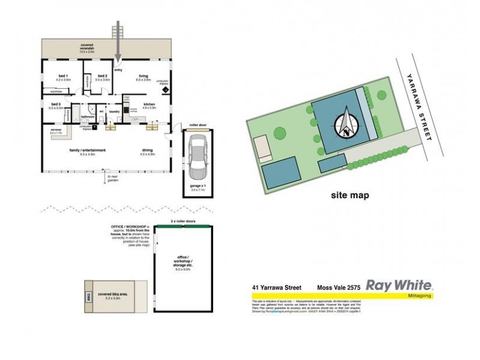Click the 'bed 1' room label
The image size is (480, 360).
coord(63,76)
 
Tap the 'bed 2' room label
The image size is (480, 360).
coord(103,76)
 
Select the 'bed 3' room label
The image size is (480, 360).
coord(56,104)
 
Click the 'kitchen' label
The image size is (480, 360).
coord(149,104)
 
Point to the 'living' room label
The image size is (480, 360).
coord(143,76)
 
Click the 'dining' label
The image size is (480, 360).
coord(148,150)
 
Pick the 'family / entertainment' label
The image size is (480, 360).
coord(87,150)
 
